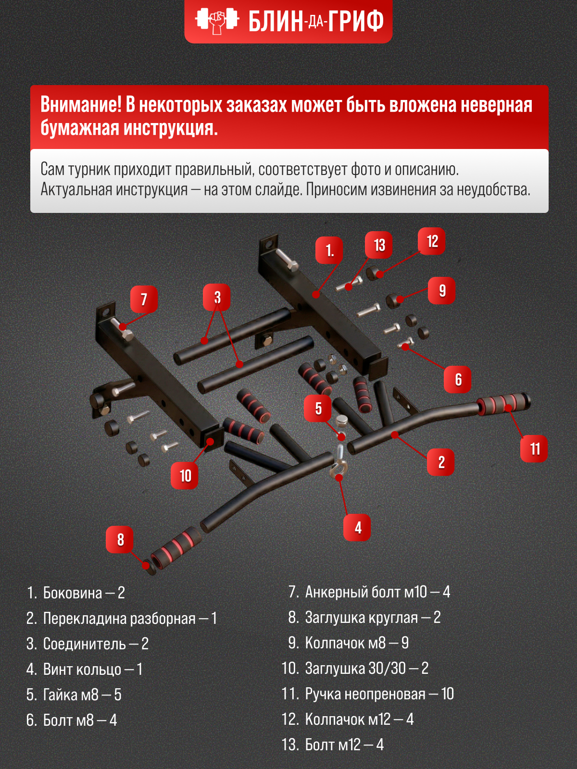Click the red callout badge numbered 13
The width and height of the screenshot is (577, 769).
click(379, 245)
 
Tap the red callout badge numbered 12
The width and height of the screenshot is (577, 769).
click(432, 241)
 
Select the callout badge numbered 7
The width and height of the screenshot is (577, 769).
click(144, 299)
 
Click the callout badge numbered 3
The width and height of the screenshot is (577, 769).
click(217, 297)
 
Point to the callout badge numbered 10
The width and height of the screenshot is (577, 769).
click(185, 475)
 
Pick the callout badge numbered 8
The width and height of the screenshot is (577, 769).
click(120, 539)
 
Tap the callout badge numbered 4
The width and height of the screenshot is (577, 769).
click(357, 527)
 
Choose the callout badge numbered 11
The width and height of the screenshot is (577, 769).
click(534, 448)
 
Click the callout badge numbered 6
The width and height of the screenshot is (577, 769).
click(458, 379)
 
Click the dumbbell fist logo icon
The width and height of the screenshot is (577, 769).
click(217, 21)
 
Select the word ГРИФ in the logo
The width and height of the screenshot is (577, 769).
click(356, 21)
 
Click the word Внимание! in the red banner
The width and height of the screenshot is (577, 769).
click(81, 105)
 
